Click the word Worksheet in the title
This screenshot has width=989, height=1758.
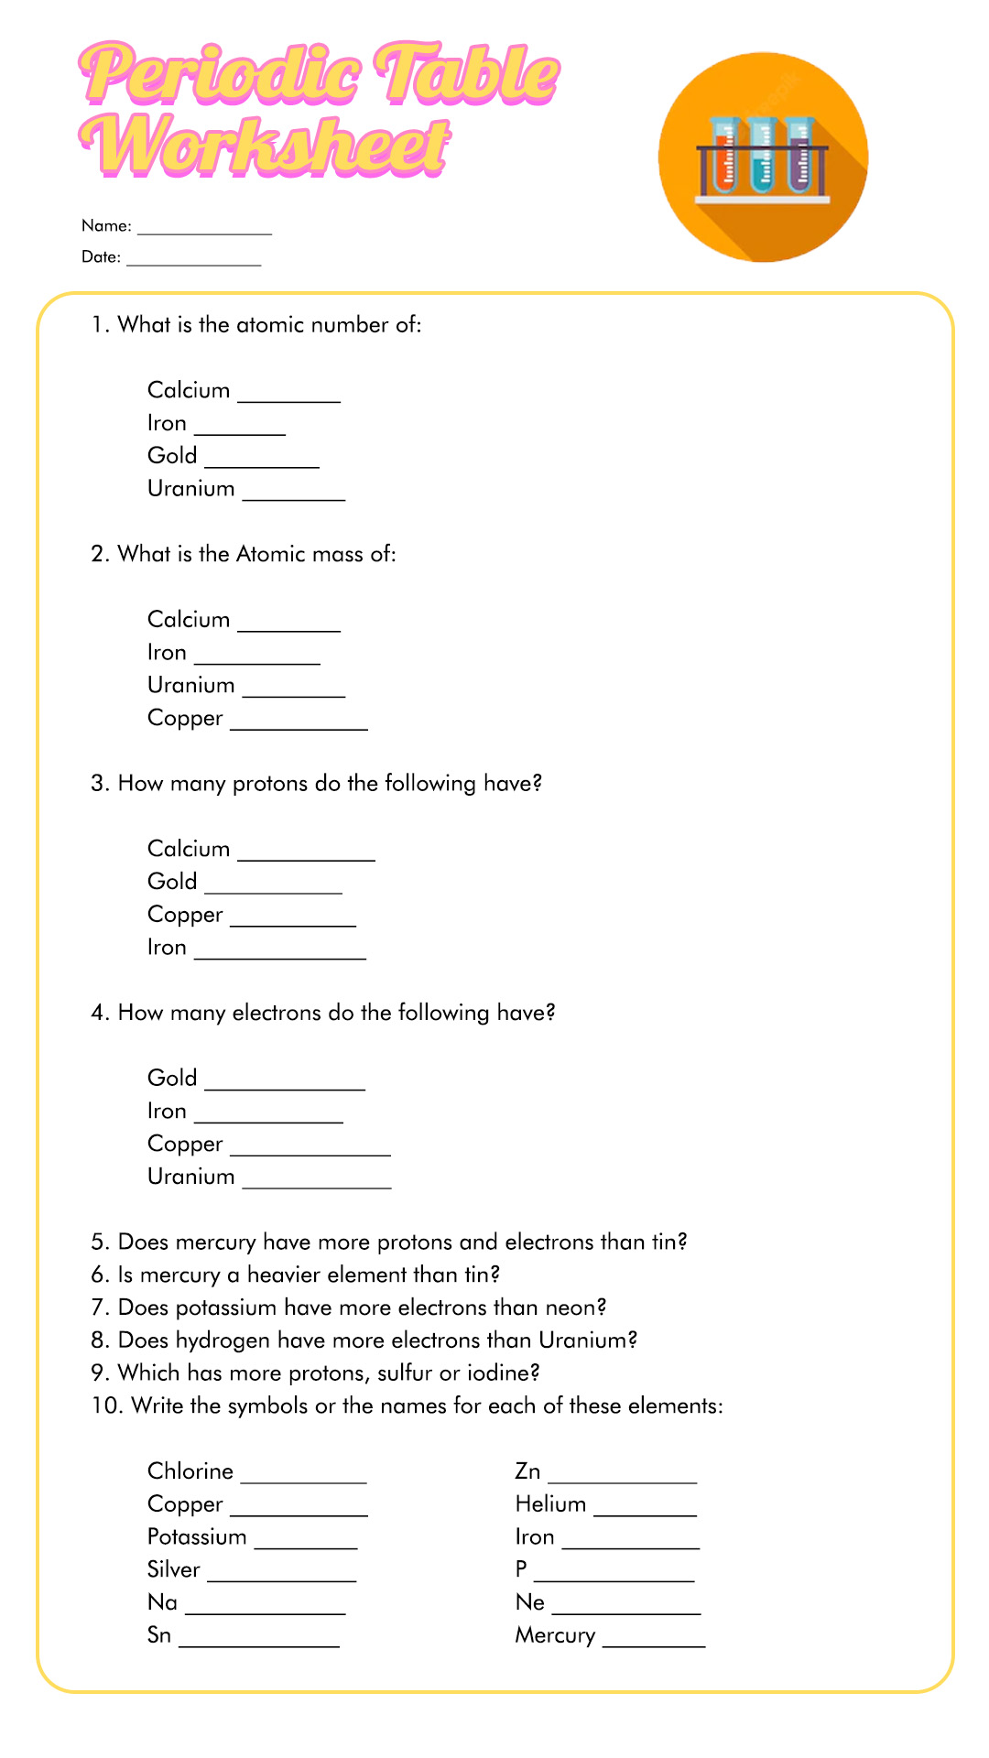[266, 146]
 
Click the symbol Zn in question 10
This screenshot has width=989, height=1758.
[527, 1471]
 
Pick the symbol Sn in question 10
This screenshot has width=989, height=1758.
[159, 1635]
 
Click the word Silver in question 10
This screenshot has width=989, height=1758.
[173, 1569]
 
